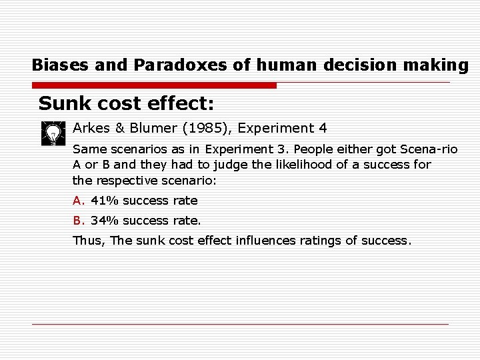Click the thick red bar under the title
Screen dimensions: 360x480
point(154,86)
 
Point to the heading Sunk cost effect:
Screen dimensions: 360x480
point(126,104)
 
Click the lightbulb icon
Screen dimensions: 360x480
point(51,133)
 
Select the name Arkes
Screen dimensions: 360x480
point(91,128)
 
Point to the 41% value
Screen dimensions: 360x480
point(100,201)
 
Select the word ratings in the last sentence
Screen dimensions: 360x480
point(320,241)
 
